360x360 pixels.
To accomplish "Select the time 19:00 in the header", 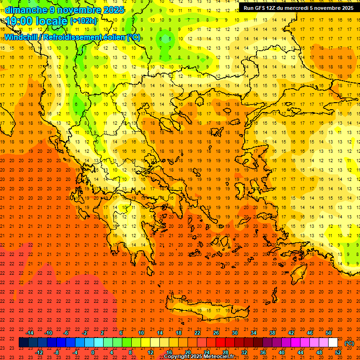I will (20, 21).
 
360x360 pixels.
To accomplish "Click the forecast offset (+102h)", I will (83, 21).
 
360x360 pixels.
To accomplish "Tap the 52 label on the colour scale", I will (338, 352).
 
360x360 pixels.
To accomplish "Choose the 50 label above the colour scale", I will (329, 333).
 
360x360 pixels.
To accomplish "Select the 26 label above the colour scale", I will (216, 333).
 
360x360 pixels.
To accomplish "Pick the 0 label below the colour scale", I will (93, 352).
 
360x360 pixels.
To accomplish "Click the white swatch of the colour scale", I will (333, 343).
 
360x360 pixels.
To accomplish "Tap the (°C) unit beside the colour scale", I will (349, 343).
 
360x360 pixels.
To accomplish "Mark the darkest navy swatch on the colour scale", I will (23, 343).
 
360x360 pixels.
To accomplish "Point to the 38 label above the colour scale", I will (272, 333).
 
